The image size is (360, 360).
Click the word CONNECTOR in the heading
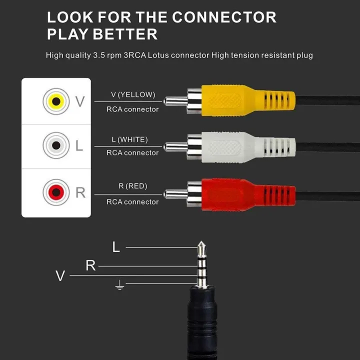click(224, 17)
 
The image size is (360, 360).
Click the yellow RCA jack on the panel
click(56, 101)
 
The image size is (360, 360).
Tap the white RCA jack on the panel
click(56, 145)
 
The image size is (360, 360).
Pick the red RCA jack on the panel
click(56, 192)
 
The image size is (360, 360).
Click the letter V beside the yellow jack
click(80, 102)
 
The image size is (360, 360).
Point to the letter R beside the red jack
click(80, 192)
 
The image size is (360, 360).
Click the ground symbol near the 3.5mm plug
click(119, 285)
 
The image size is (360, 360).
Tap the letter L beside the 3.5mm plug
click(116, 247)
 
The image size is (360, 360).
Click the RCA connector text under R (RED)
click(132, 202)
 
